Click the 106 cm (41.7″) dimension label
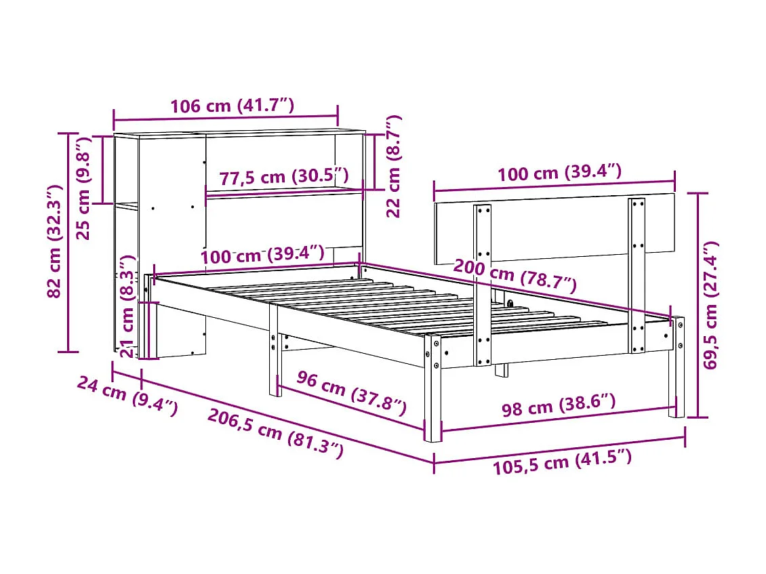click(232, 106)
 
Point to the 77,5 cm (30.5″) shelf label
click(283, 178)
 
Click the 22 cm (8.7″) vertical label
click(394, 166)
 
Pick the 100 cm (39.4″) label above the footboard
click(559, 173)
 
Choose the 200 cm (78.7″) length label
click(515, 274)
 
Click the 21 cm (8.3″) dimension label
click(126, 306)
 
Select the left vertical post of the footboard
click(483, 285)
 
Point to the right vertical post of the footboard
click(637, 274)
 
